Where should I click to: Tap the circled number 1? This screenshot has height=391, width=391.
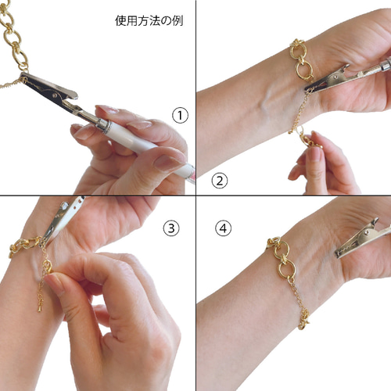181,116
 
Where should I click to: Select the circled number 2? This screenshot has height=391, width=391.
220,181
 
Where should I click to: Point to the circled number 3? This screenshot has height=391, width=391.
171,228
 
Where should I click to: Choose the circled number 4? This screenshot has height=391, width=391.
224,228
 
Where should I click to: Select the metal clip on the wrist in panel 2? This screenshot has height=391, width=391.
328,78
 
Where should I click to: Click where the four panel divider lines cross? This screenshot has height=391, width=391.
195,195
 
